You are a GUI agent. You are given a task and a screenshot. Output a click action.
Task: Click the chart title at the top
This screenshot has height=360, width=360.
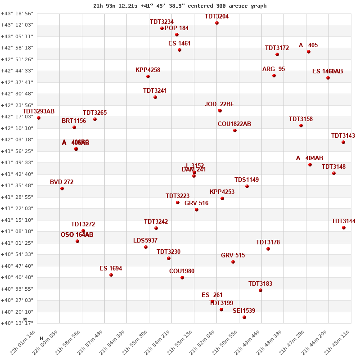(180, 6)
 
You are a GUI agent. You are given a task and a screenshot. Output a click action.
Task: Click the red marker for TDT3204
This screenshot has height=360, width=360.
(217, 23)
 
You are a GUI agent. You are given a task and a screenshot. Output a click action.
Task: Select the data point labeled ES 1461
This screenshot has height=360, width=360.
(180, 50)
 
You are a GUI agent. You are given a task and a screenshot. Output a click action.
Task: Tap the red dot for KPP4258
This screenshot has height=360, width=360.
(148, 76)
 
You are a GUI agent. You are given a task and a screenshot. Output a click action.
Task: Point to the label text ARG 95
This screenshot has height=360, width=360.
(274, 69)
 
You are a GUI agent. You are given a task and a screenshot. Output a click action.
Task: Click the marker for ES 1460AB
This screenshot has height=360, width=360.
(328, 78)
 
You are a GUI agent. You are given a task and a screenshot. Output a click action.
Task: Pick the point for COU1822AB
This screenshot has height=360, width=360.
(235, 130)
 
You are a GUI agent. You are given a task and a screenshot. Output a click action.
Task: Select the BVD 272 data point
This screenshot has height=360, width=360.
(62, 189)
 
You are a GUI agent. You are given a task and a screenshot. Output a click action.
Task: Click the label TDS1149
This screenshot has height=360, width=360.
(247, 180)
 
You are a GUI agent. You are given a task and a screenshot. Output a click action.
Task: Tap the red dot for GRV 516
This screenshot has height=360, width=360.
(197, 210)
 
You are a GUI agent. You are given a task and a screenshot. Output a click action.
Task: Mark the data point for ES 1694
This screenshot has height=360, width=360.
(111, 275)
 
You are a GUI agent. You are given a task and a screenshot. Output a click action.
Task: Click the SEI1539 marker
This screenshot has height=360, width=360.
(244, 317)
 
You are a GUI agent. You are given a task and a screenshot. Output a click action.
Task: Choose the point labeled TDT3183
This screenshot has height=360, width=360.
(261, 290)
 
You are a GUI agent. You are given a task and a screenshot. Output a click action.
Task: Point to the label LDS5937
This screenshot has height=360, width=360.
(145, 240)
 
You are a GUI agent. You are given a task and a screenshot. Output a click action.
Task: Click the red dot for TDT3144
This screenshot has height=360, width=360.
(344, 228)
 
